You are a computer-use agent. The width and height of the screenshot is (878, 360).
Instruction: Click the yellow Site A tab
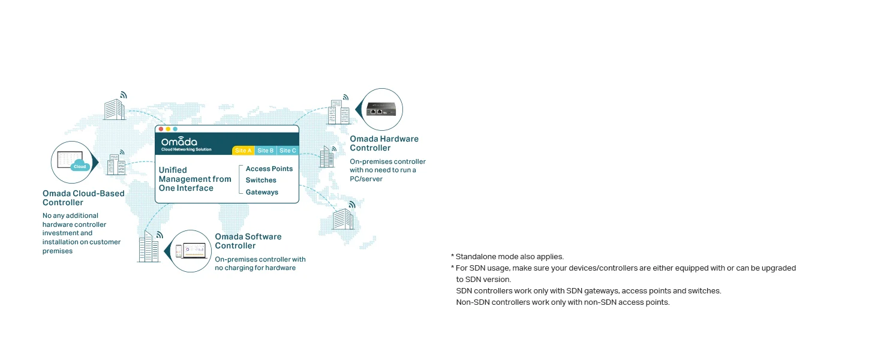[243, 151]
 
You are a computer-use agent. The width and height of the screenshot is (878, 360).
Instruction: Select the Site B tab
[265, 151]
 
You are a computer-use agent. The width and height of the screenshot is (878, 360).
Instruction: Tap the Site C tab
[288, 151]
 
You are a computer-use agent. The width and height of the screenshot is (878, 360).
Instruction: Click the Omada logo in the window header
[186, 144]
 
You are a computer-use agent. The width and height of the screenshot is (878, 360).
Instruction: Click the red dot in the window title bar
[161, 129]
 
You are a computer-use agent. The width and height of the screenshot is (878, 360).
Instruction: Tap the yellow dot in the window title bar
[168, 129]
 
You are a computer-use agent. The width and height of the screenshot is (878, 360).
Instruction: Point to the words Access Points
[269, 169]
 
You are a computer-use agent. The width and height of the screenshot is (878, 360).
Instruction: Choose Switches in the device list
[261, 180]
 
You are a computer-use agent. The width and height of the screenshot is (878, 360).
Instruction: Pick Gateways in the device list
[262, 192]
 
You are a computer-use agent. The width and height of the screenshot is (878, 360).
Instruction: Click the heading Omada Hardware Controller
[384, 143]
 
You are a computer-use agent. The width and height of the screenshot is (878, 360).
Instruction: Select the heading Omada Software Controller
[248, 241]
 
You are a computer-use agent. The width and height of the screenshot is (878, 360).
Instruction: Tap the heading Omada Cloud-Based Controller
[83, 198]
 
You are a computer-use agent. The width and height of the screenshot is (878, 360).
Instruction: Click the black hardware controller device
[381, 109]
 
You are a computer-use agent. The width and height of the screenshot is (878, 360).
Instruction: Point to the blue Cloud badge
[80, 166]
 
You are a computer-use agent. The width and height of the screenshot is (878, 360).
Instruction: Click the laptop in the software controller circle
[194, 251]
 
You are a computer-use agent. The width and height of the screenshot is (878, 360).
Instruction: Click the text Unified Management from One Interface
[195, 179]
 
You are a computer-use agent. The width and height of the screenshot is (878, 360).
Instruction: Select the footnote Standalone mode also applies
[507, 256]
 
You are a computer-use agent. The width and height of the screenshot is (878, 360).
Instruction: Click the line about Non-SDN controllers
[563, 302]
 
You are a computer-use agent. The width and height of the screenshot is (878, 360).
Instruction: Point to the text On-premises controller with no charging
[260, 263]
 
